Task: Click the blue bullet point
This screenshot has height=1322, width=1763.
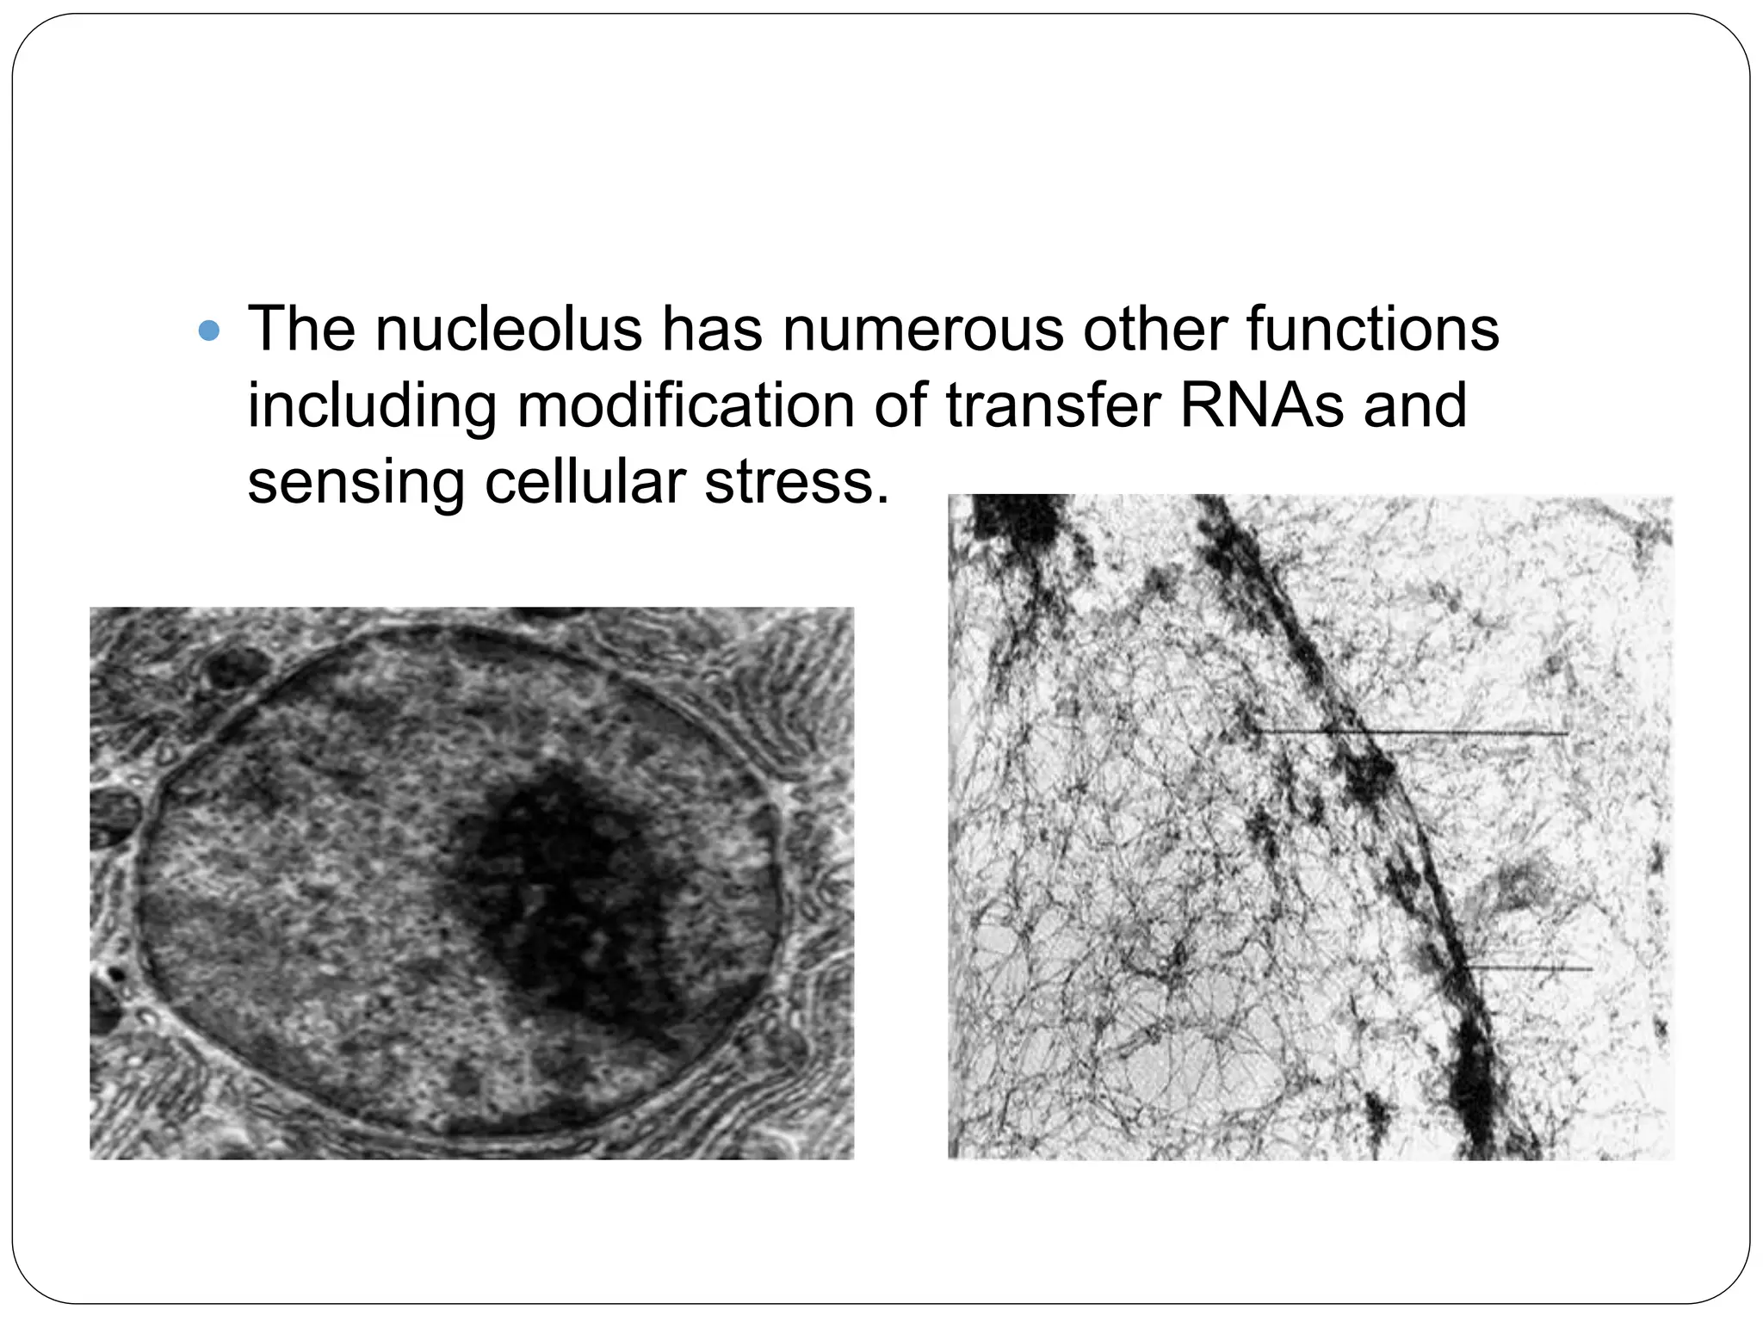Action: [209, 330]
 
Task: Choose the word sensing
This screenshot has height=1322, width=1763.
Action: [356, 482]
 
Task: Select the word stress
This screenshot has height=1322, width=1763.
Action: [795, 482]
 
